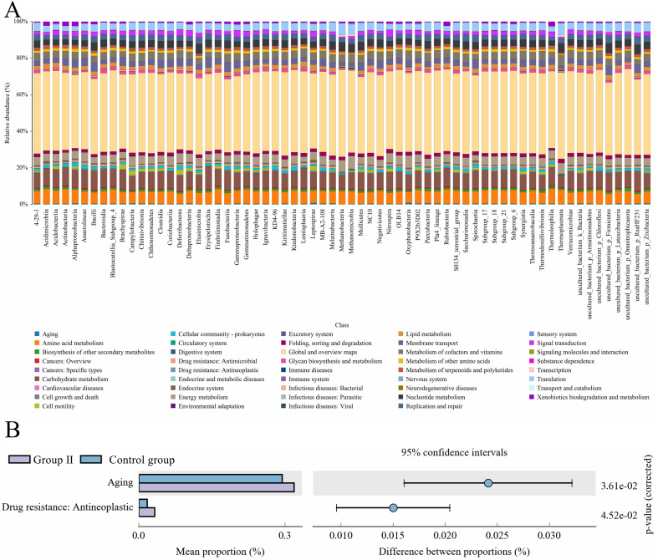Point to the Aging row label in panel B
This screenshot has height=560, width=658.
(x=120, y=482)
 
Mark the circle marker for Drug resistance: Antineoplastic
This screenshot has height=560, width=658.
(x=393, y=507)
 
